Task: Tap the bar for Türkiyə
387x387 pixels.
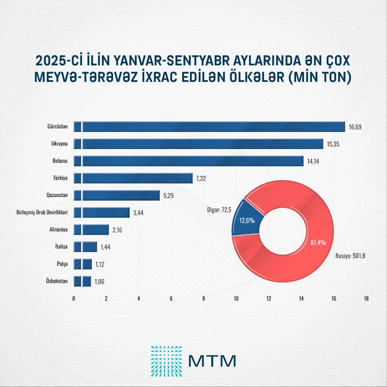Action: [x=133, y=178]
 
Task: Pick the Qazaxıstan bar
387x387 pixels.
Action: [x=116, y=195]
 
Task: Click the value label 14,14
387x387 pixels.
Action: [x=313, y=161]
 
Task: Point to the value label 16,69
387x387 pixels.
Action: [x=354, y=127]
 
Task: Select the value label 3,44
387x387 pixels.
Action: [x=139, y=213]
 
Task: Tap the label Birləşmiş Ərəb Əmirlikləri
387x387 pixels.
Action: [x=42, y=213]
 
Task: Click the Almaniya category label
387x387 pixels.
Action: [x=59, y=229]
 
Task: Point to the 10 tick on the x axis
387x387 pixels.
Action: [x=236, y=299]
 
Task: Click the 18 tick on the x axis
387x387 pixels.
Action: [x=366, y=299]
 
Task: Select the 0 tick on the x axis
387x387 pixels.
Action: [x=74, y=299]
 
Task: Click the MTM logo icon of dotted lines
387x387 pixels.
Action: [x=166, y=359]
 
